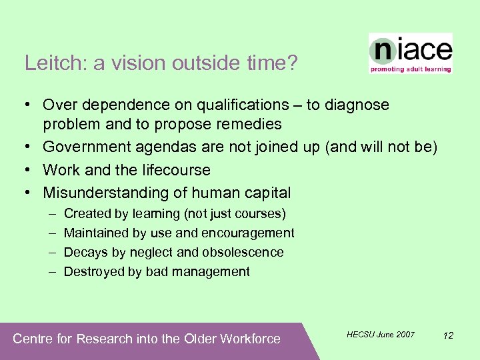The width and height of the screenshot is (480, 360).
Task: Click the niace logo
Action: (x=411, y=50)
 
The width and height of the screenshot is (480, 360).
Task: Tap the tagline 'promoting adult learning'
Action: (x=411, y=69)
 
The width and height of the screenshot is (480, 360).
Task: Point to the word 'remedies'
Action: (x=249, y=125)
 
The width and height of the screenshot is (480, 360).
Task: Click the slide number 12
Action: (x=448, y=335)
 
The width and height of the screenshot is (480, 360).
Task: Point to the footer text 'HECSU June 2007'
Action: (x=381, y=334)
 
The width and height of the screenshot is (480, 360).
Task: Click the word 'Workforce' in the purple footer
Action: (x=250, y=339)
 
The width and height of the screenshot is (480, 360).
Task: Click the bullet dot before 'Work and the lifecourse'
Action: (x=25, y=170)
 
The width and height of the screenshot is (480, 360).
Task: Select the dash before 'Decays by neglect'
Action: (x=51, y=252)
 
